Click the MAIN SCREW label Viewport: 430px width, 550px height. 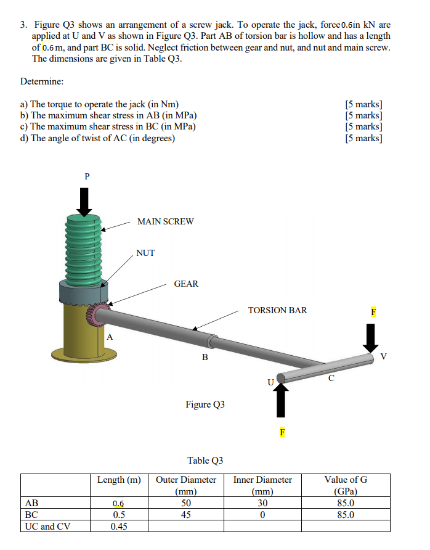[165, 221]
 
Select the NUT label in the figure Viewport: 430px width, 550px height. [145, 253]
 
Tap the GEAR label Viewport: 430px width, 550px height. [186, 284]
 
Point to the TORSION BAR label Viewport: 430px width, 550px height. [277, 310]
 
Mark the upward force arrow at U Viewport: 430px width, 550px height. [281, 400]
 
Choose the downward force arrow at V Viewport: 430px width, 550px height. [370, 337]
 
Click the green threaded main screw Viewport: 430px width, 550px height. [82, 247]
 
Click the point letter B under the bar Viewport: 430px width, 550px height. [205, 358]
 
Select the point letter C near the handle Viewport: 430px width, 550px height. [331, 377]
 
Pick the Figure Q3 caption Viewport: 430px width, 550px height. [205, 404]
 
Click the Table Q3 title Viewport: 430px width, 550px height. [205, 460]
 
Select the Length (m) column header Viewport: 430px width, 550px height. [119, 480]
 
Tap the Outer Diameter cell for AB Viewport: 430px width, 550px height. [186, 503]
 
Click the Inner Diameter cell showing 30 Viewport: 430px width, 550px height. [262, 503]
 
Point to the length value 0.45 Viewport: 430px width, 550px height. [119, 526]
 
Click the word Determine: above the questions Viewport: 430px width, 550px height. [42, 81]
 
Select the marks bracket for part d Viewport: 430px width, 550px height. [363, 137]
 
